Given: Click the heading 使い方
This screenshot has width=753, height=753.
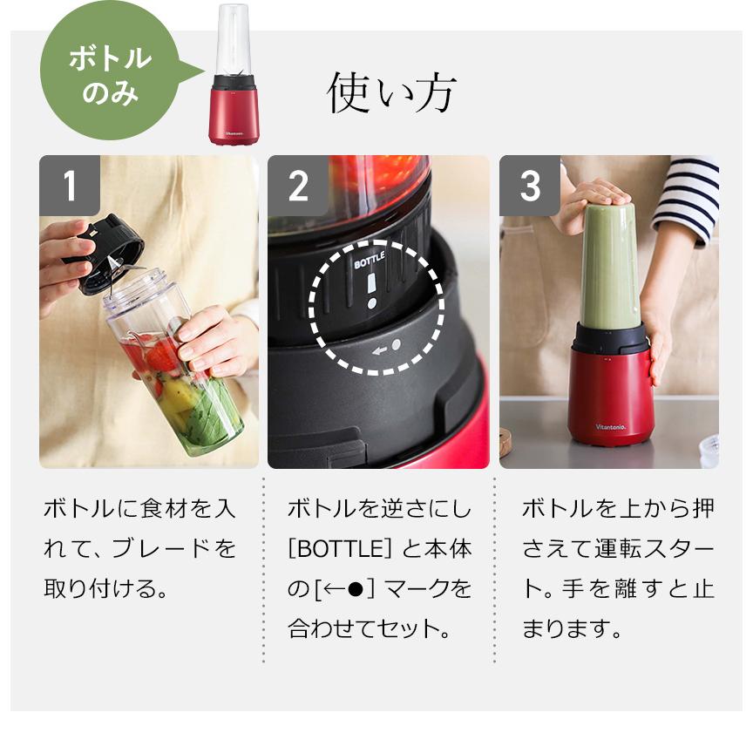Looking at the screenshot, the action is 391,92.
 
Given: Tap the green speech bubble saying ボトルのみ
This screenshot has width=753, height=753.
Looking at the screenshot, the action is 112,72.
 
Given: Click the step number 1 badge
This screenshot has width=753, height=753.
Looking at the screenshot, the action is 70,186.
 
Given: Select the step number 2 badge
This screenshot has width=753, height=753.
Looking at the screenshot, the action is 298,186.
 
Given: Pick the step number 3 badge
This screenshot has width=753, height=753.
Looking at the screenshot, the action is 530,186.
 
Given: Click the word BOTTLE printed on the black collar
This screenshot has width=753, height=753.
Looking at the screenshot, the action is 370,260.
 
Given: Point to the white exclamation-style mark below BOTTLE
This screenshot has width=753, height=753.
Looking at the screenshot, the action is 371,290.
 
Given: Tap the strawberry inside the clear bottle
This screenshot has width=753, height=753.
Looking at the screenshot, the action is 162,356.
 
